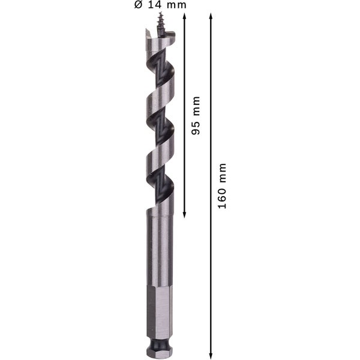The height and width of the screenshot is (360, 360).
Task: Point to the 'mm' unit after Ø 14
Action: pos(176,5)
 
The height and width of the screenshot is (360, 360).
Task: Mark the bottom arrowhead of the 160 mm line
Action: pos(211,354)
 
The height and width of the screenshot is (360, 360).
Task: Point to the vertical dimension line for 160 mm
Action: pos(211,270)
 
